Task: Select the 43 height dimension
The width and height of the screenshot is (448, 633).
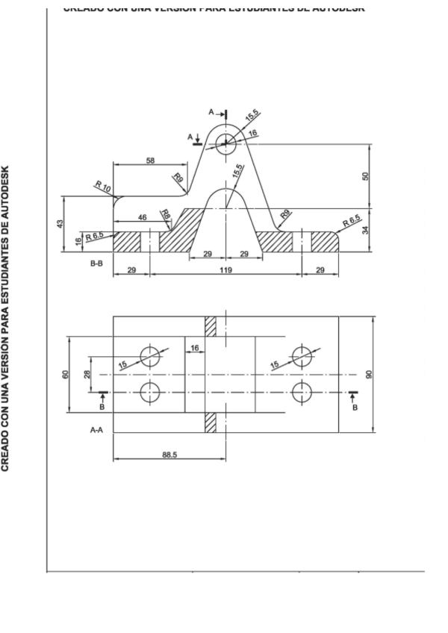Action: coord(60,223)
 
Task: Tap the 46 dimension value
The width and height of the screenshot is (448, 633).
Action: coord(142,216)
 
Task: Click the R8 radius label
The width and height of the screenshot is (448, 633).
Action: coord(166,216)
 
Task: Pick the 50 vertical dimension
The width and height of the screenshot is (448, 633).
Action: coord(366,176)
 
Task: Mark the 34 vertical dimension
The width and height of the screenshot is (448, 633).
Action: coord(366,230)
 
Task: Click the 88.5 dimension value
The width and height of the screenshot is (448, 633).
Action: coord(169,455)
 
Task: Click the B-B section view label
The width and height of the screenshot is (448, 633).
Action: coord(96,264)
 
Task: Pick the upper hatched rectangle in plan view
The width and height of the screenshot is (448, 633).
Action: coord(211,326)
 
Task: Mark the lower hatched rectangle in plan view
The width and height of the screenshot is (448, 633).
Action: coord(211,422)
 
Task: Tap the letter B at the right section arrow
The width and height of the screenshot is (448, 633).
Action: coord(355,408)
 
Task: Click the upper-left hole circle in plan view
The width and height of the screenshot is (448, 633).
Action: coord(150,356)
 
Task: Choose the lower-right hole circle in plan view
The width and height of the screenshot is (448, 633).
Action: coord(302,391)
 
